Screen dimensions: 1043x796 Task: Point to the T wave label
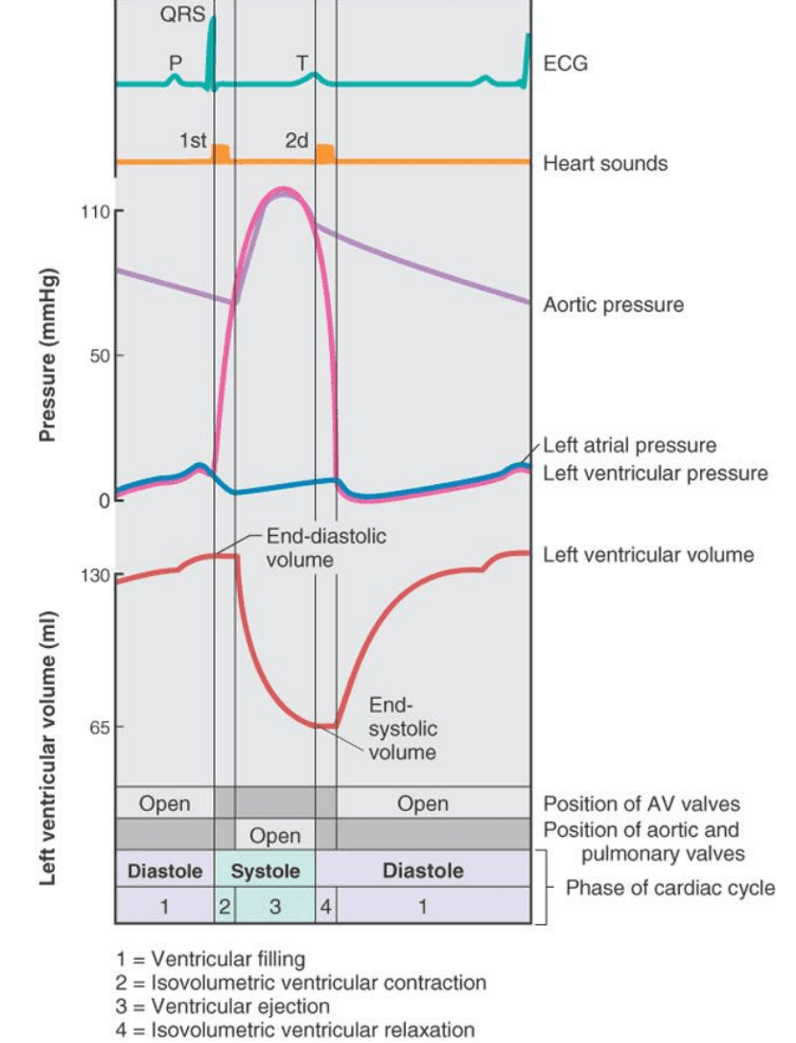[x=303, y=62]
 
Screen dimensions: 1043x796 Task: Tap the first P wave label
[x=176, y=61]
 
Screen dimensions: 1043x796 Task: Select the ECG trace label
[x=565, y=64]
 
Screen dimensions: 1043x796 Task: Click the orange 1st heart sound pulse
[x=222, y=152]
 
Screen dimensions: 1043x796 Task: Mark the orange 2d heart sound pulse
[x=325, y=152]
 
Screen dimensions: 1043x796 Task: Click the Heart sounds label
[x=605, y=163]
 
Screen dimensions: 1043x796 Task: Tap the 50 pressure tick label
[x=97, y=356]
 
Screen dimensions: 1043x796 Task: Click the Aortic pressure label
[x=614, y=305]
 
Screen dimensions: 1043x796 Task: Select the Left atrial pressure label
[x=629, y=446]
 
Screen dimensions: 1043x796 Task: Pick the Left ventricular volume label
[x=648, y=555]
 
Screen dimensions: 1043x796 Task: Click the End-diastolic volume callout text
[x=326, y=547]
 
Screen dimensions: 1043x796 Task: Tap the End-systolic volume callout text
[x=402, y=729]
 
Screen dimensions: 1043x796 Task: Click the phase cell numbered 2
[x=224, y=906]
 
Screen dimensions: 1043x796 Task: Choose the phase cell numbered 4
[x=326, y=906]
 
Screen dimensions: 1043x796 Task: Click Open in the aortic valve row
[x=274, y=835]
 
